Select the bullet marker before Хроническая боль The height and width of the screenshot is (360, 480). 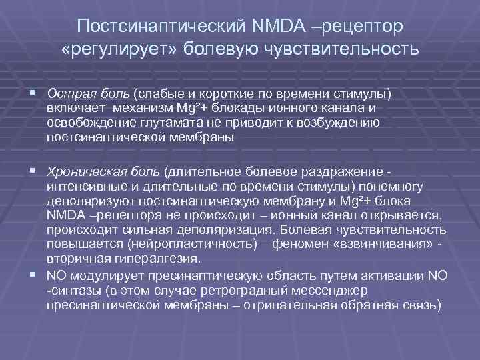pyautogui.click(x=33, y=171)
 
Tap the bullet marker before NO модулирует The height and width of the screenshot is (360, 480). pyautogui.click(x=33, y=274)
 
